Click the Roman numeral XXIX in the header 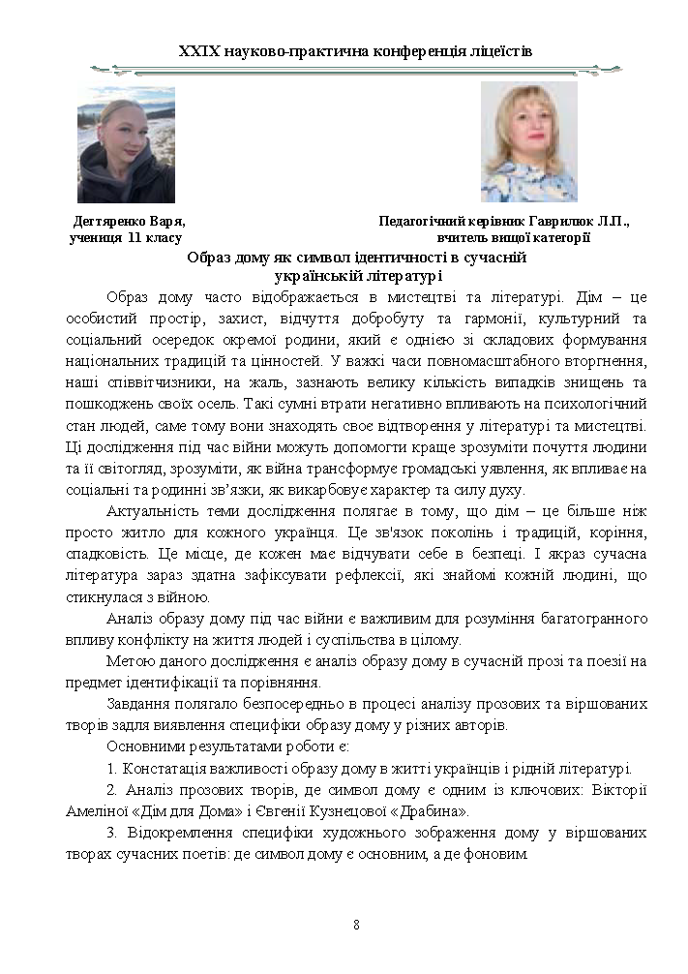(x=201, y=49)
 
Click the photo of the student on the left (x=126, y=144)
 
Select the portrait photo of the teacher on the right (x=528, y=142)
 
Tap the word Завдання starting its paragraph (x=140, y=705)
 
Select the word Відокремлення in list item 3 (x=174, y=834)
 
